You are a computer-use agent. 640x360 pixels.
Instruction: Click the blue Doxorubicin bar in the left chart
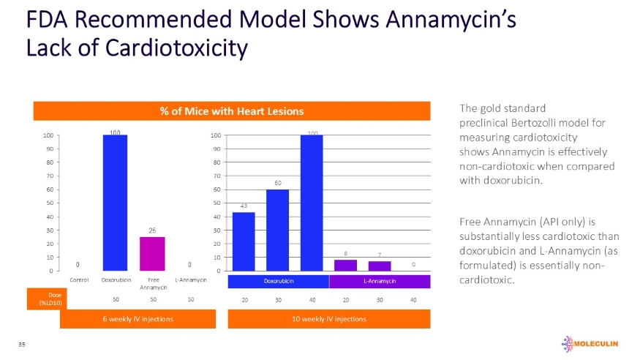point(115,203)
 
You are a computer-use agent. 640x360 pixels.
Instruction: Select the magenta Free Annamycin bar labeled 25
point(151,254)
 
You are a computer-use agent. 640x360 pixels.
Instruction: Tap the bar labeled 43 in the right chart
point(244,241)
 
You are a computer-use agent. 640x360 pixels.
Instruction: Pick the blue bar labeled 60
point(277,230)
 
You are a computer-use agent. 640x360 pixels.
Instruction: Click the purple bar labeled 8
point(345,265)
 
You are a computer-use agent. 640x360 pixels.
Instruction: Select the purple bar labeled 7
point(380,266)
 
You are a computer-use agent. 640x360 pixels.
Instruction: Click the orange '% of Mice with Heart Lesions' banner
point(232,110)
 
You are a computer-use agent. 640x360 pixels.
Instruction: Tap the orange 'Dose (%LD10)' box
point(43,299)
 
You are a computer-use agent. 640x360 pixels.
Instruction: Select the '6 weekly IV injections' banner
point(138,319)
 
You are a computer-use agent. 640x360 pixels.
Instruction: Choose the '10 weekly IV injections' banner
point(328,319)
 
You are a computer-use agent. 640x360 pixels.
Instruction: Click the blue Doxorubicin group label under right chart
point(279,282)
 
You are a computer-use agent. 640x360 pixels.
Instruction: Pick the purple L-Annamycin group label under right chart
point(380,282)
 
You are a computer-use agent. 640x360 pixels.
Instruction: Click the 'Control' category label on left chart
point(79,280)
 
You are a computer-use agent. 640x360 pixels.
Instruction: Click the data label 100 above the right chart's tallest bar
point(312,133)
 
